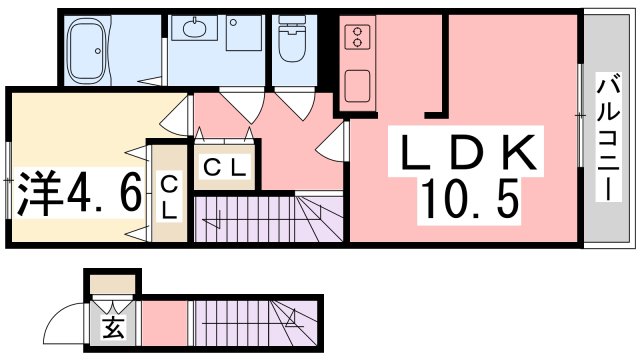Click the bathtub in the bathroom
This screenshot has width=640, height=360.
click(88, 50)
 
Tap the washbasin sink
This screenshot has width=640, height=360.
click(194, 28)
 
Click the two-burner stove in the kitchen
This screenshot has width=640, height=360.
click(358, 37)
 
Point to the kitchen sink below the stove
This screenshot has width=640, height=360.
click(358, 86)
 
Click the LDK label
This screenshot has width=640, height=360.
click(468, 152)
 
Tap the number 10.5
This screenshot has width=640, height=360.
click(470, 200)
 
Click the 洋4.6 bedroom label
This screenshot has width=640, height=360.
click(79, 194)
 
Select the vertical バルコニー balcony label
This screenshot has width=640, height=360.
click(609, 138)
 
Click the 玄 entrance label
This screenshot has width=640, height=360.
click(113, 327)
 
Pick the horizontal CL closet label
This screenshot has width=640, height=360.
click(225, 167)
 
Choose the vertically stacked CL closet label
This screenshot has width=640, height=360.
click(169, 199)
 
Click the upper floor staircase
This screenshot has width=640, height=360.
click(268, 219)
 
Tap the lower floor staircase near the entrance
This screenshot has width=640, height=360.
click(256, 324)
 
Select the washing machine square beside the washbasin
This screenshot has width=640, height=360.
click(244, 33)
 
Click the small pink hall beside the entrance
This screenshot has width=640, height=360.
click(165, 324)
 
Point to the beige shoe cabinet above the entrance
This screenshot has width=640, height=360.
click(112, 284)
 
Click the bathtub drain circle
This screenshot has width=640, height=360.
click(98, 51)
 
